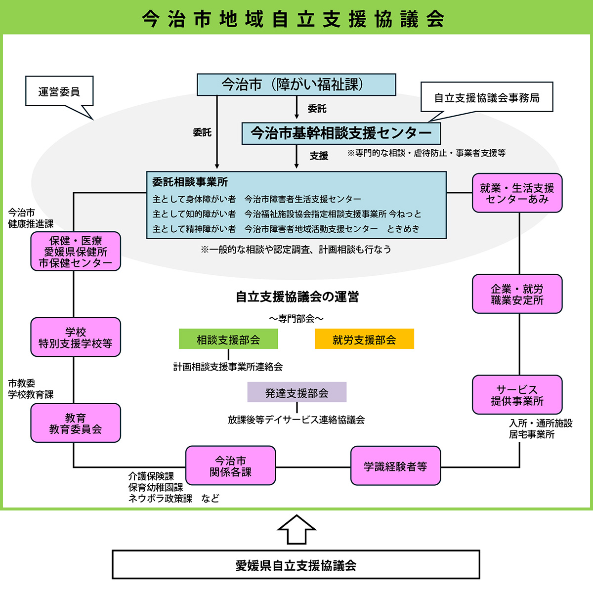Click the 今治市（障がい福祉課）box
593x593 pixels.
[x=296, y=85]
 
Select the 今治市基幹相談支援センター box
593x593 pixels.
[x=340, y=133]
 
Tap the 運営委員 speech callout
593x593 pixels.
[x=59, y=91]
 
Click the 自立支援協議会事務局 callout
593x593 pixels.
[x=486, y=97]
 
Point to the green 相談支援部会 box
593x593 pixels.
[x=228, y=339]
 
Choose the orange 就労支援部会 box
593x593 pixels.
[x=364, y=339]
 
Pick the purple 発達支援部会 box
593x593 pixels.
[x=296, y=392]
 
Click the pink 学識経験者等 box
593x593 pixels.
[x=395, y=466]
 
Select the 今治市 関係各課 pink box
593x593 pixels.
[x=230, y=466]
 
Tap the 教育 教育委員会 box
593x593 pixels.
[x=76, y=423]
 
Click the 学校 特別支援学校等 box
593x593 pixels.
[x=76, y=337]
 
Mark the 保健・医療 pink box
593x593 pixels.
[x=76, y=251]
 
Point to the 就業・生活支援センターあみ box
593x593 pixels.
[x=517, y=193]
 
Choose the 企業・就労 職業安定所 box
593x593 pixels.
[x=517, y=294]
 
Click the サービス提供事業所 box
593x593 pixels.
[x=517, y=395]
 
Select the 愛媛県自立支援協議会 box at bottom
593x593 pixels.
[x=296, y=565]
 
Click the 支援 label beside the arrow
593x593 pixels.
[x=319, y=156]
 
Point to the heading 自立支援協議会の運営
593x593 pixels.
[x=297, y=296]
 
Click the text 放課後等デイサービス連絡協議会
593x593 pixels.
[x=296, y=420]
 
